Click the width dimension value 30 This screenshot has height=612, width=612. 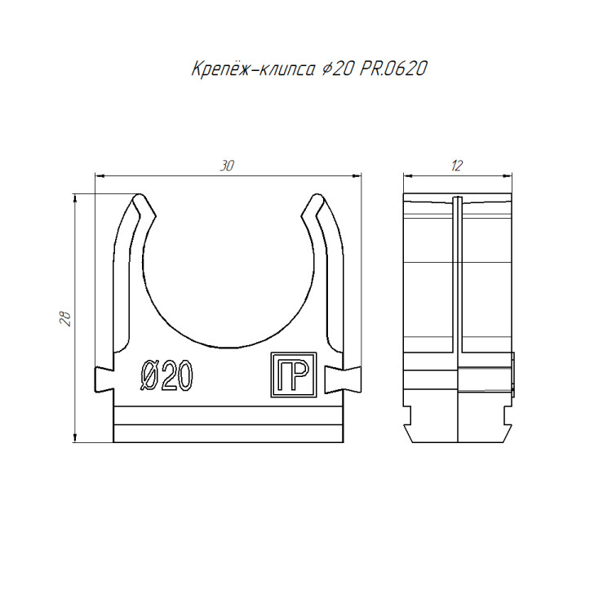click(x=227, y=166)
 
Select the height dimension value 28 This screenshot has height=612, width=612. click(x=65, y=318)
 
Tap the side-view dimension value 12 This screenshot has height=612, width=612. click(x=457, y=166)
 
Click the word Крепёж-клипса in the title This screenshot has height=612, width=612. click(x=253, y=69)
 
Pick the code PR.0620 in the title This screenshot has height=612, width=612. click(x=393, y=69)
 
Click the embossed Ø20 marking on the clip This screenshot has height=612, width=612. click(x=166, y=375)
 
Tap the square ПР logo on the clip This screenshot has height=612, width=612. click(x=294, y=375)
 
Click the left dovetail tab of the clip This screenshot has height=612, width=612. click(x=104, y=379)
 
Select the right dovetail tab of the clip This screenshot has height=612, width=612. click(x=343, y=379)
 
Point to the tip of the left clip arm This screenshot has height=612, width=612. click(x=138, y=195)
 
